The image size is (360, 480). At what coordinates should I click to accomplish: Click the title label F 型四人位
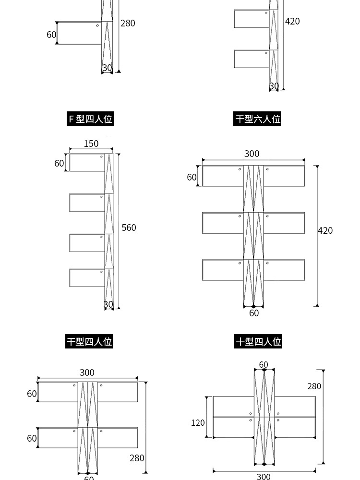coord(90,119)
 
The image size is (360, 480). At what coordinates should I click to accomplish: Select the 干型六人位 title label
coord(257,119)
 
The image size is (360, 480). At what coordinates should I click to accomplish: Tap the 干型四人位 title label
coord(89,341)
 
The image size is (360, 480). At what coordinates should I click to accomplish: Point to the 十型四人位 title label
coord(258,341)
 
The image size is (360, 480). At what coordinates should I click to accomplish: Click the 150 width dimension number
coord(91,144)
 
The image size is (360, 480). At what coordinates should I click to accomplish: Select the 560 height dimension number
coord(129,228)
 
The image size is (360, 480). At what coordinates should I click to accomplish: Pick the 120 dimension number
coord(198,423)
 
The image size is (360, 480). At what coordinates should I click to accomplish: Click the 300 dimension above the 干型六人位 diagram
coord(252,154)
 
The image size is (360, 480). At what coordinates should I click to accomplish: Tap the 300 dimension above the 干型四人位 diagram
coord(87,372)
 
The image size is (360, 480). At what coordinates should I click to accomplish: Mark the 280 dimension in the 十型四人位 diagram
coord(314,386)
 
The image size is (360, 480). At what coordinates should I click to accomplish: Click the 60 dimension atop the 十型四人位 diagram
coord(264,365)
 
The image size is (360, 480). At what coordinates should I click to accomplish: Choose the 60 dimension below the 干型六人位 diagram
coord(254,313)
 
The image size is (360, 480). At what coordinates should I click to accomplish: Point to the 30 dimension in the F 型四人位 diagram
coord(108,304)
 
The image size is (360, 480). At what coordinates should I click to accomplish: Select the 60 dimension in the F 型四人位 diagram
coord(59,163)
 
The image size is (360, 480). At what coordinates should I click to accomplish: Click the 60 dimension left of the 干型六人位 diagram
coord(192,177)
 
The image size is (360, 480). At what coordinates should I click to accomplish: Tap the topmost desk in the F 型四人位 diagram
coord(87,163)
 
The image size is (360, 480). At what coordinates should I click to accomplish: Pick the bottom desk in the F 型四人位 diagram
coord(87,277)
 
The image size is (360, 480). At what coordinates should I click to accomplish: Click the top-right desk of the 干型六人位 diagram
coord(284,176)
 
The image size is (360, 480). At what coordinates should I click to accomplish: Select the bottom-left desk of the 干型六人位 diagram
coord(223,270)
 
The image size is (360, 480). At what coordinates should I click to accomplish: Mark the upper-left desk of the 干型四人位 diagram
coord(58,392)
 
